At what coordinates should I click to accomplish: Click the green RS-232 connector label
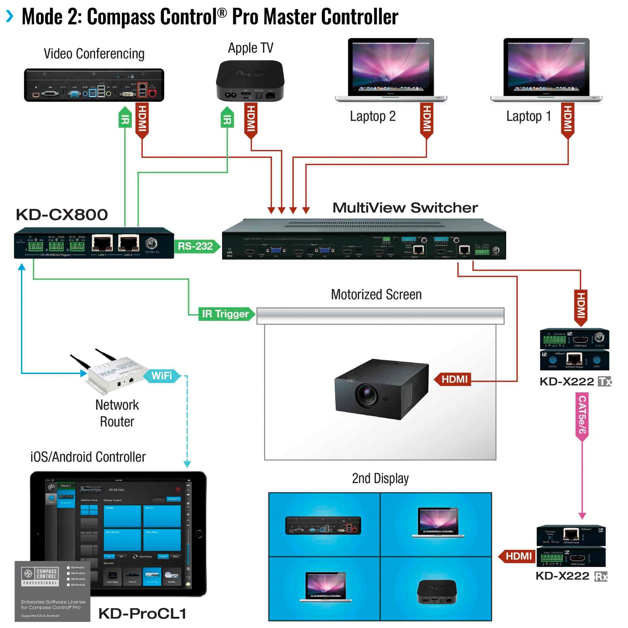195,246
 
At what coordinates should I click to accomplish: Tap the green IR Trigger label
225,314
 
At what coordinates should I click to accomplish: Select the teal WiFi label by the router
161,376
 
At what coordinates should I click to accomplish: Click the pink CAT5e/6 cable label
582,415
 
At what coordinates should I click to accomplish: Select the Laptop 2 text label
372,116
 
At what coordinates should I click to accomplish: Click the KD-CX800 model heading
62,215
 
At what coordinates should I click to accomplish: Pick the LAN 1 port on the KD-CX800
102,243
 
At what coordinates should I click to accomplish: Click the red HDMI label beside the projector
454,379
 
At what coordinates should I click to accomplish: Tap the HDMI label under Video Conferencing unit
142,119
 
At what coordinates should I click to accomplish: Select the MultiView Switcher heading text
405,208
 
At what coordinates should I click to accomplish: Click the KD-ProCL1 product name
142,614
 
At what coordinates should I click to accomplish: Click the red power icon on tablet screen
178,490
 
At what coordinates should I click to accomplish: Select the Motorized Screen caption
376,295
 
